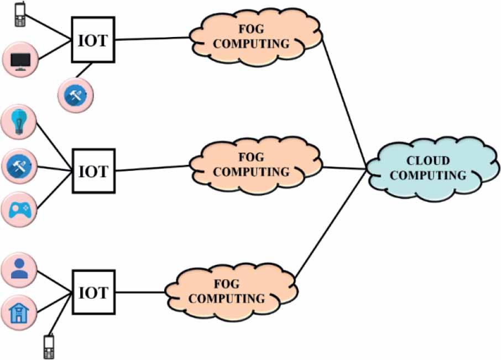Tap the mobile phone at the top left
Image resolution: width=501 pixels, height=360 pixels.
pyautogui.click(x=20, y=15)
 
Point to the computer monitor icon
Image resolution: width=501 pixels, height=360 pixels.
pyautogui.click(x=20, y=60)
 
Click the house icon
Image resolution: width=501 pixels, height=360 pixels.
pyautogui.click(x=20, y=312)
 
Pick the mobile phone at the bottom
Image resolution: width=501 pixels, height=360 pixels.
pyautogui.click(x=48, y=346)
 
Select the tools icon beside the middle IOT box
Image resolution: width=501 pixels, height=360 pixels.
pyautogui.click(x=20, y=165)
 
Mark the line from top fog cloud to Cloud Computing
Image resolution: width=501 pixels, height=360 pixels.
pyautogui.click(x=343, y=105)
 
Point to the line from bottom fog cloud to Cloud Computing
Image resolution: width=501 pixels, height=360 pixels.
pyautogui.click(x=330, y=223)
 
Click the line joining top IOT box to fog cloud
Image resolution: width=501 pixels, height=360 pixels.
pyautogui.click(x=153, y=39)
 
